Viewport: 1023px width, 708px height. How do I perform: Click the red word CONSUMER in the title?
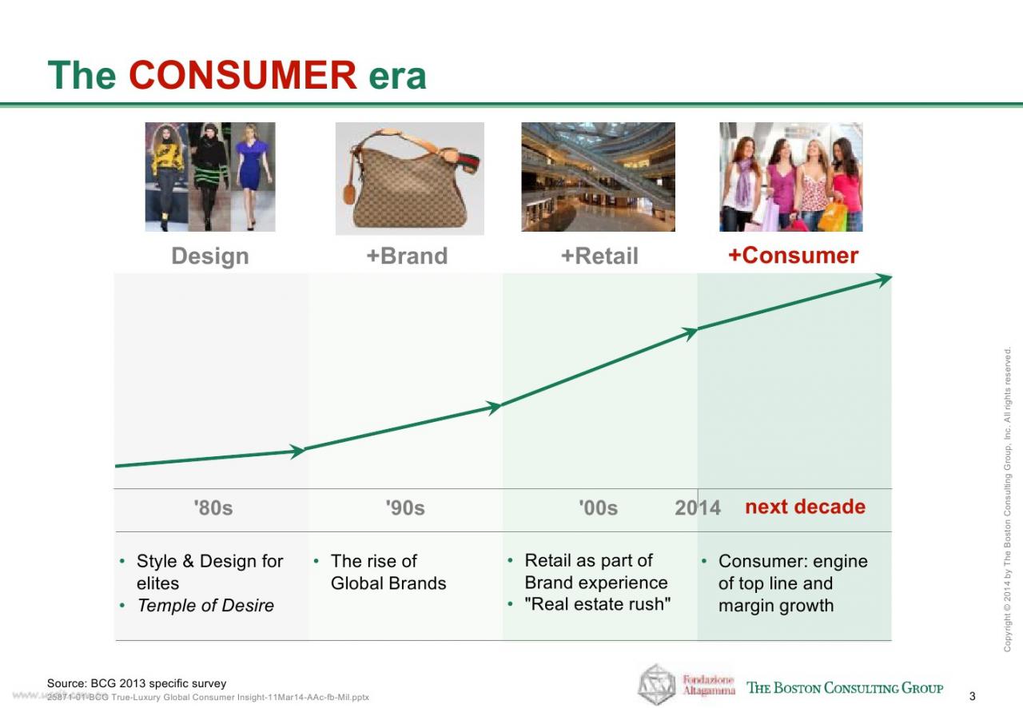242,75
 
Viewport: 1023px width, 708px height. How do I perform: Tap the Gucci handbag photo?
410,179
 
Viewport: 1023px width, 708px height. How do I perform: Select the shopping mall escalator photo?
599,177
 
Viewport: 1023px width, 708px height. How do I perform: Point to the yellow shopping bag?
832,216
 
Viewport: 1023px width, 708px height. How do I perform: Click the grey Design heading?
210,256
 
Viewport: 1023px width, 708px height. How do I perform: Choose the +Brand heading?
407,256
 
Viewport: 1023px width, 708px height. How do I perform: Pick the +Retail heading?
599,256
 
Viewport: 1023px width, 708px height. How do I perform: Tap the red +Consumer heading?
794,255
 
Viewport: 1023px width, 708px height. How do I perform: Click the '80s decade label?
213,507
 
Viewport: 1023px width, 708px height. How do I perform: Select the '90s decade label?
405,507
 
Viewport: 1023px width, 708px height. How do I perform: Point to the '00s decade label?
599,507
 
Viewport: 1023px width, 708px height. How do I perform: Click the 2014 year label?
698,507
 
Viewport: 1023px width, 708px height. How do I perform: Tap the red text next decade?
805,507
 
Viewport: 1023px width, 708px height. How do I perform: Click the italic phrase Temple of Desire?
205,605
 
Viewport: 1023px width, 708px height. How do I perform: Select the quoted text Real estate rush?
597,604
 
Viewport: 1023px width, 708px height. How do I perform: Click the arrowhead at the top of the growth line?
883,279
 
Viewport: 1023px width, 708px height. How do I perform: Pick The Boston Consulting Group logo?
845,688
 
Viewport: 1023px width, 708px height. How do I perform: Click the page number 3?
973,696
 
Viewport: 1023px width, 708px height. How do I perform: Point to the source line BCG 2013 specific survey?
137,683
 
